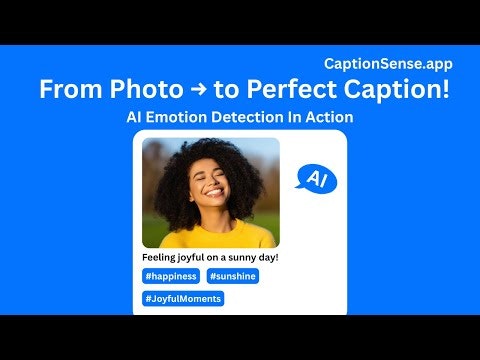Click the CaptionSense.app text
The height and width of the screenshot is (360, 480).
[395, 62]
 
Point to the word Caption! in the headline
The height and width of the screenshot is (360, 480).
[398, 89]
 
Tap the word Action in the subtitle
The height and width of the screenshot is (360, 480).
[329, 117]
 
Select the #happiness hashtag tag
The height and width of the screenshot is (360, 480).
[171, 276]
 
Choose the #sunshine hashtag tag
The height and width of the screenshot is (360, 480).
[233, 276]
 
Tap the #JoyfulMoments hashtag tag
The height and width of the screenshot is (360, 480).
[183, 298]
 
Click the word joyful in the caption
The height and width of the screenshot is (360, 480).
[200, 257]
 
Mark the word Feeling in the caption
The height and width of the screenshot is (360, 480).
[161, 257]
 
